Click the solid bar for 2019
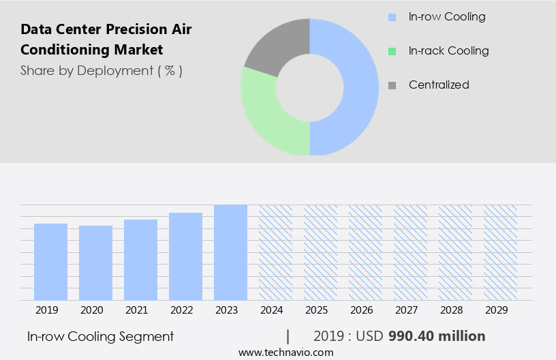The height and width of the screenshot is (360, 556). (50, 262)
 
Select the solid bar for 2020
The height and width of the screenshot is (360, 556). (95, 262)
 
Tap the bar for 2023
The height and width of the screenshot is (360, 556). (230, 252)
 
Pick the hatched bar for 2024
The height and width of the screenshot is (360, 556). (275, 252)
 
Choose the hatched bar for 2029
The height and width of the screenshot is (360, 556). (500, 252)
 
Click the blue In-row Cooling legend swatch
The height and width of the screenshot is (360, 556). (391, 17)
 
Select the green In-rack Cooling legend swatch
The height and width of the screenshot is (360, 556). (391, 51)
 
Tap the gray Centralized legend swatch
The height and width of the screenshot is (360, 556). (391, 85)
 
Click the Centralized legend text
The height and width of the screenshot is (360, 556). (439, 85)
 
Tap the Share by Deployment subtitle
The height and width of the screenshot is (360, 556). (102, 70)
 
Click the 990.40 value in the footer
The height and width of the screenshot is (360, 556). (412, 336)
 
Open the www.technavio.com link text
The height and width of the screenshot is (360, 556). (285, 352)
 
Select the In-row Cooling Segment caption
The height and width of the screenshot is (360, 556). (100, 336)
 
